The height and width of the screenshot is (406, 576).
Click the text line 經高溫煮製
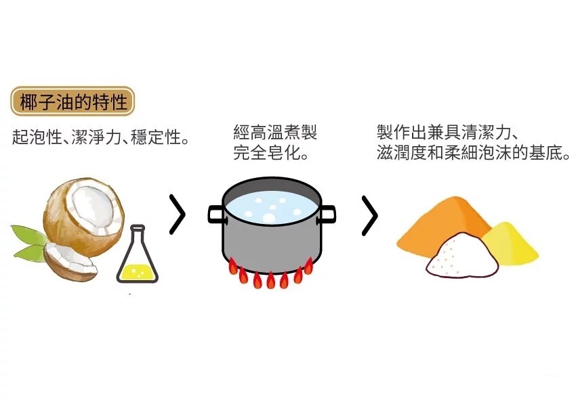275,132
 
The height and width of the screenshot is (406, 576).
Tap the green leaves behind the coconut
27,240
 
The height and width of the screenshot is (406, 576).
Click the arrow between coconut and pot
177,215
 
